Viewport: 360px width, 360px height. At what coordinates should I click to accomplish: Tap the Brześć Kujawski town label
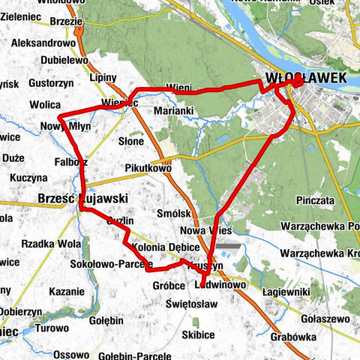[70, 198]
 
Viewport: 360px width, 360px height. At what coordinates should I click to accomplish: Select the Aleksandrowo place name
[43, 44]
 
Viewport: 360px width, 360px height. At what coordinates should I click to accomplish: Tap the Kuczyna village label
[30, 179]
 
